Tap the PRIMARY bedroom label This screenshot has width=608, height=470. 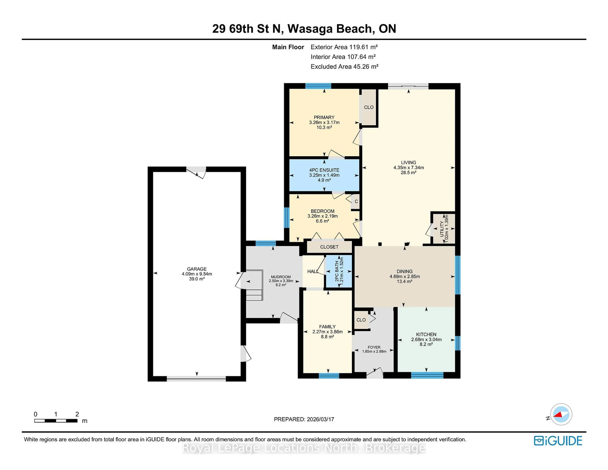[x=324, y=117]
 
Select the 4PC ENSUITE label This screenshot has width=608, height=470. [x=324, y=170]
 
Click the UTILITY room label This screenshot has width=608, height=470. [x=442, y=229]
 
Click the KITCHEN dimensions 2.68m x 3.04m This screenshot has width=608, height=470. [x=426, y=339]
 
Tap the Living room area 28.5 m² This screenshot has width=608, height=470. [x=408, y=173]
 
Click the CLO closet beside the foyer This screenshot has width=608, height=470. [x=361, y=320]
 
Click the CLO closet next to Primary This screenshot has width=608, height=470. [x=369, y=107]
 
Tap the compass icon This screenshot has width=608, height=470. [x=561, y=414]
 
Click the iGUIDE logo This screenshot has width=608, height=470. [x=558, y=441]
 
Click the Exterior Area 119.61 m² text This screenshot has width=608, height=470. [x=344, y=47]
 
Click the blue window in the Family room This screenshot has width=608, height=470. [x=329, y=376]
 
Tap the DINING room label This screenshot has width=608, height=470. [x=405, y=271]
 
